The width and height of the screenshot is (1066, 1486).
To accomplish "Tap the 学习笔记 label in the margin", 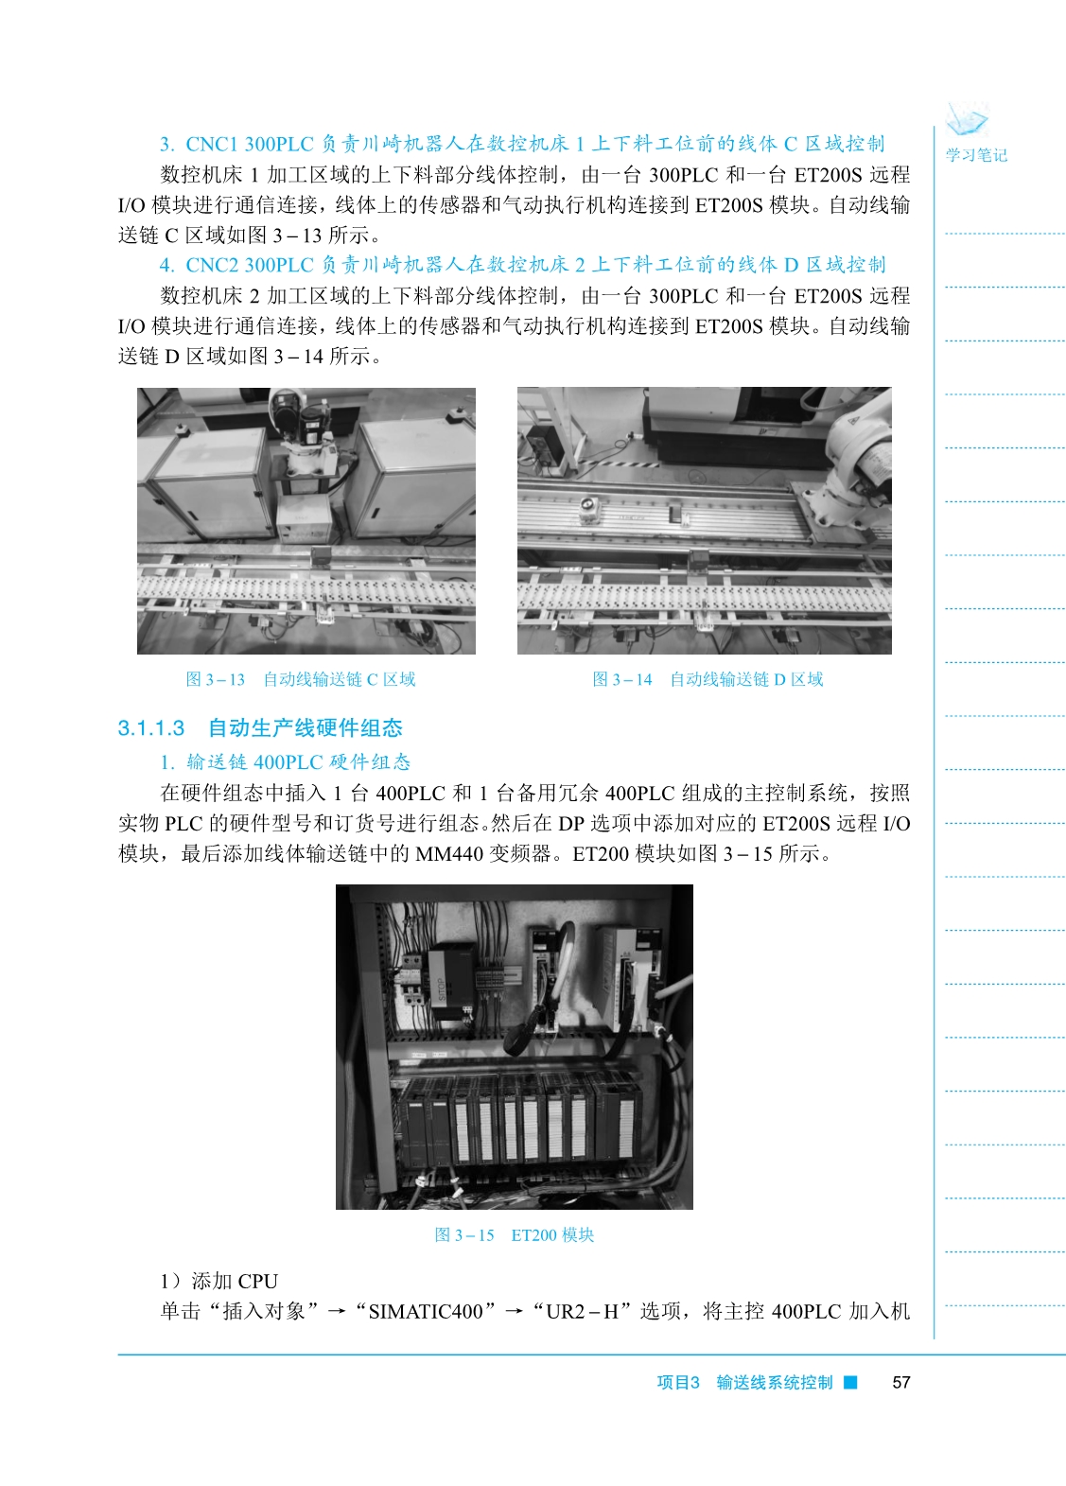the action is point(976,155).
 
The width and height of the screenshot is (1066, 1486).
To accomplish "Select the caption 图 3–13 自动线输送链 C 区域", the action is point(301,679).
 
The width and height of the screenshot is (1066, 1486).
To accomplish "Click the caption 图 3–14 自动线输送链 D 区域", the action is point(708,679).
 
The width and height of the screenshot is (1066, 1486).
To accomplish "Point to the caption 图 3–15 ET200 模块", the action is point(515,1234).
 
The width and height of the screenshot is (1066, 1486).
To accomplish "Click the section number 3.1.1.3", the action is point(150,728).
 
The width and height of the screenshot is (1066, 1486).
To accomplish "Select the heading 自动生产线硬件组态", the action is point(306,728).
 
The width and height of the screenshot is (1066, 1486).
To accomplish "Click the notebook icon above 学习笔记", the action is point(968,120).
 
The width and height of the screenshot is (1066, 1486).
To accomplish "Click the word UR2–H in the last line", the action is point(582,1312).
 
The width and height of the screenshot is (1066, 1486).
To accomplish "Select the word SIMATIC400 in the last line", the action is point(426,1312).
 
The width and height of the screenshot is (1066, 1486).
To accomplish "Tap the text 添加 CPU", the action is point(235,1281).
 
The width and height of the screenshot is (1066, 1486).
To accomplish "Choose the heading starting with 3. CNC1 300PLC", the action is point(522,144).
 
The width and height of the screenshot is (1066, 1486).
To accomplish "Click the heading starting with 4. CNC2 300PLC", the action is point(522,265).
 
